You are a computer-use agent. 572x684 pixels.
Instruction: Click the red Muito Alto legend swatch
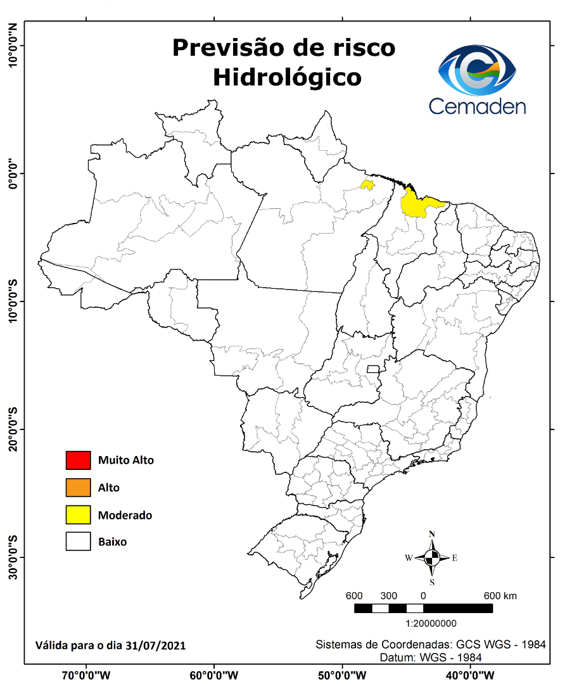click(x=78, y=460)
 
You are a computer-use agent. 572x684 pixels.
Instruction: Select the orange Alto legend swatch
click(x=78, y=488)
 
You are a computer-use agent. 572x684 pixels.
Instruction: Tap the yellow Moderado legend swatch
click(x=78, y=515)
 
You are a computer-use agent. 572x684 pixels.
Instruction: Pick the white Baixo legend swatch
click(x=78, y=542)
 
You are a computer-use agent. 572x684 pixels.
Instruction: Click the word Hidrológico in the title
click(x=287, y=77)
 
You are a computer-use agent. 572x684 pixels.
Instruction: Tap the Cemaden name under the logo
click(x=477, y=105)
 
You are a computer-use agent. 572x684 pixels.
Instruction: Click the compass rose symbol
click(x=432, y=558)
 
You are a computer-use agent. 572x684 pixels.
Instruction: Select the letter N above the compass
click(x=432, y=534)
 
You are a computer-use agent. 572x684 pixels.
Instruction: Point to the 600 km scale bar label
click(x=500, y=596)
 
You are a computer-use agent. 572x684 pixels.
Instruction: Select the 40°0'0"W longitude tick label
click(x=470, y=675)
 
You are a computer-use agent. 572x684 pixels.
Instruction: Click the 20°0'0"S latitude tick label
click(x=13, y=429)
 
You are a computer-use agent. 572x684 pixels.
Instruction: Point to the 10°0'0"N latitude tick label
click(x=13, y=46)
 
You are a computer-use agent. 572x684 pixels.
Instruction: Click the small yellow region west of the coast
click(x=367, y=185)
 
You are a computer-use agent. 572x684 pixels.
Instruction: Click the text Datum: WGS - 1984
click(x=431, y=657)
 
